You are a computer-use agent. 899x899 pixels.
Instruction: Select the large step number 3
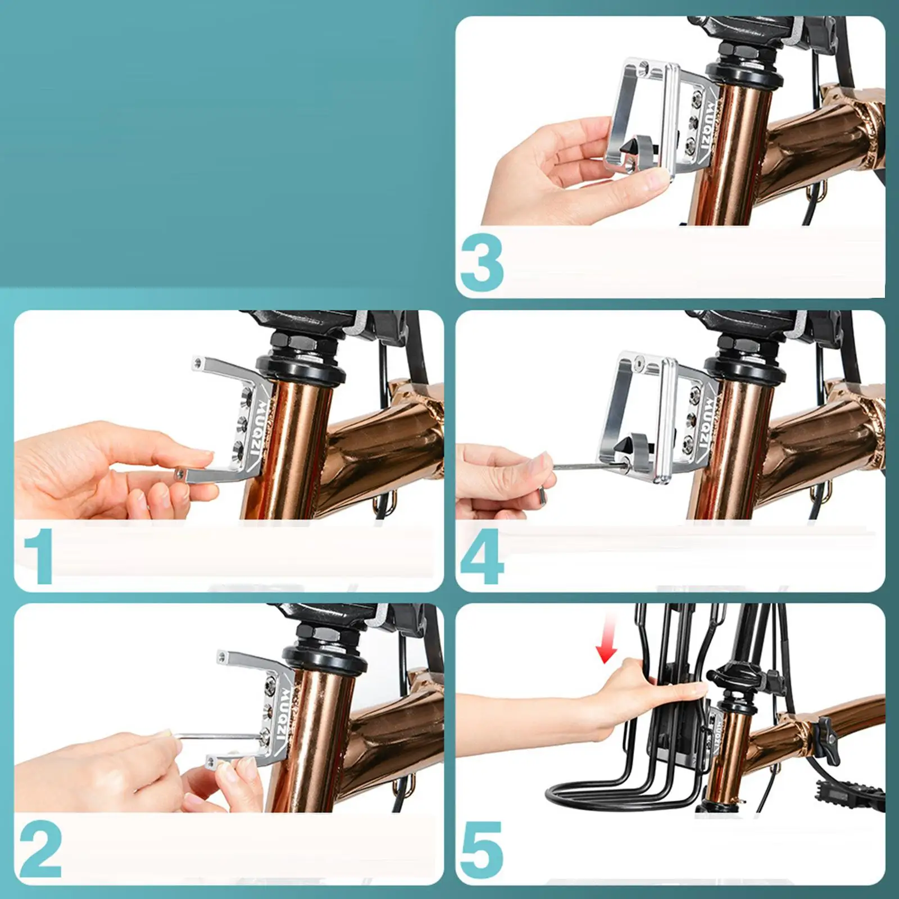tap(482, 264)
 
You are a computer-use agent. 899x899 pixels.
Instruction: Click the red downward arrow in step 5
tap(607, 638)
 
